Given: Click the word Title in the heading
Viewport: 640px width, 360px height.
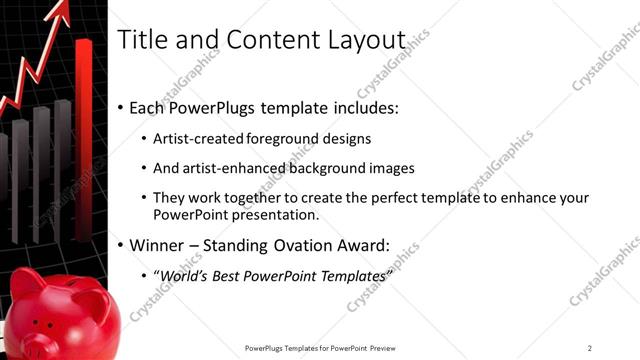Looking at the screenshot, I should click(141, 40).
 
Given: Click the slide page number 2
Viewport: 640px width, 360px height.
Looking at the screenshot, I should click(590, 348).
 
